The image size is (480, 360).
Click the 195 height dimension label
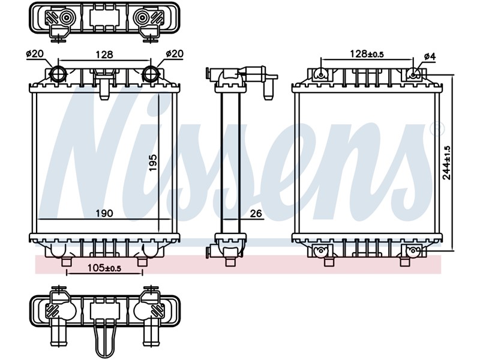pos(153,162)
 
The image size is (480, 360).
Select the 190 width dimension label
pos(104,214)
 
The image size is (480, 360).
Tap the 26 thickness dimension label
pos(256,214)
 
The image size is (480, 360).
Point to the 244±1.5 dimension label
pos(446,163)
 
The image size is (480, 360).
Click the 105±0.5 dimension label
pos(104,268)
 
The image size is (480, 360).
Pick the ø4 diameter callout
pos(430,56)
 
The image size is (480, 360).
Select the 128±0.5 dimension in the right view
pos(367,54)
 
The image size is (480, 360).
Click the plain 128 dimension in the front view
pos(104,55)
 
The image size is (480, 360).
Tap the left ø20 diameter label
pos(35,54)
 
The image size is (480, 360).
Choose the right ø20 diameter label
pos(175,54)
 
